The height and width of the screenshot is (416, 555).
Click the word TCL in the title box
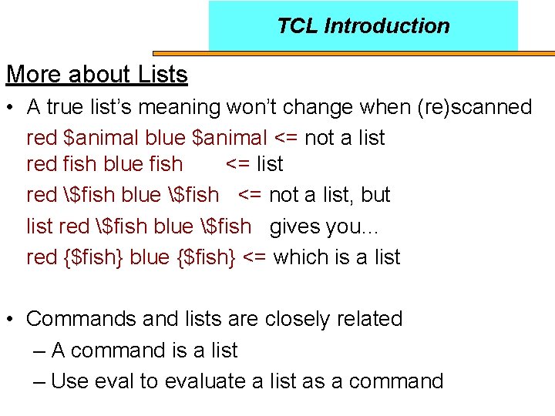[298, 26]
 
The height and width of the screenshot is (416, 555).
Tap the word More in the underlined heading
[34, 75]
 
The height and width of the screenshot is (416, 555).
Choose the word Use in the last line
[67, 381]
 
